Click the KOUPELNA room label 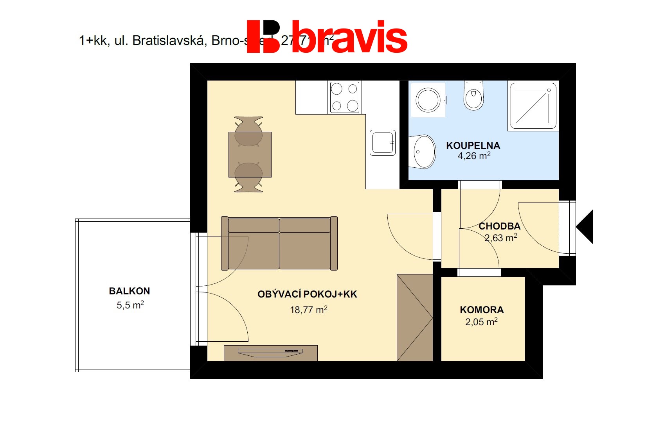473,146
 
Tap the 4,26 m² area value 474,156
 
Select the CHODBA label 500,226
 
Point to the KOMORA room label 482,310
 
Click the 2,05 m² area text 481,322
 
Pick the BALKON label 130,291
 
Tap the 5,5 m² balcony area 130,305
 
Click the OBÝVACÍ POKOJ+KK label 307,294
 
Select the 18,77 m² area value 308,310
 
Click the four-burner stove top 344,97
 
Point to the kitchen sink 383,143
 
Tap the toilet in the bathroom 473,96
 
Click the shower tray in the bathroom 533,106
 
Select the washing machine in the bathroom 428,100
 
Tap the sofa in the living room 279,243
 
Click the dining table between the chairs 250,154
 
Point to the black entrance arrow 585,227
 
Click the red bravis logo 327,37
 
